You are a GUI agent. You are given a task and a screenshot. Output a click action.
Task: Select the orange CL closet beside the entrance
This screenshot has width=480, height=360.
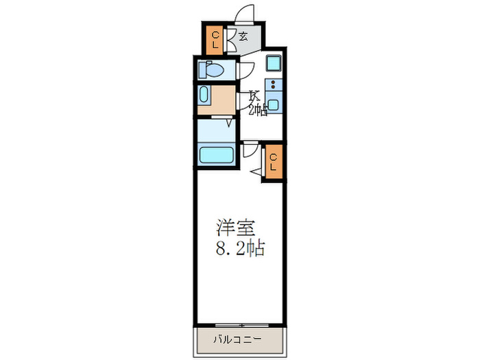[215, 39]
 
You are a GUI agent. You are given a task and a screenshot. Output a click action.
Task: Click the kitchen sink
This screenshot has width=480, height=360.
[274, 106]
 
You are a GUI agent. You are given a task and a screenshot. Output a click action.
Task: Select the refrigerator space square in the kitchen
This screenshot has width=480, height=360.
[274, 64]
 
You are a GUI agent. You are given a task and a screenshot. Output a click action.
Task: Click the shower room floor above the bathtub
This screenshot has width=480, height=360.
[216, 130]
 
